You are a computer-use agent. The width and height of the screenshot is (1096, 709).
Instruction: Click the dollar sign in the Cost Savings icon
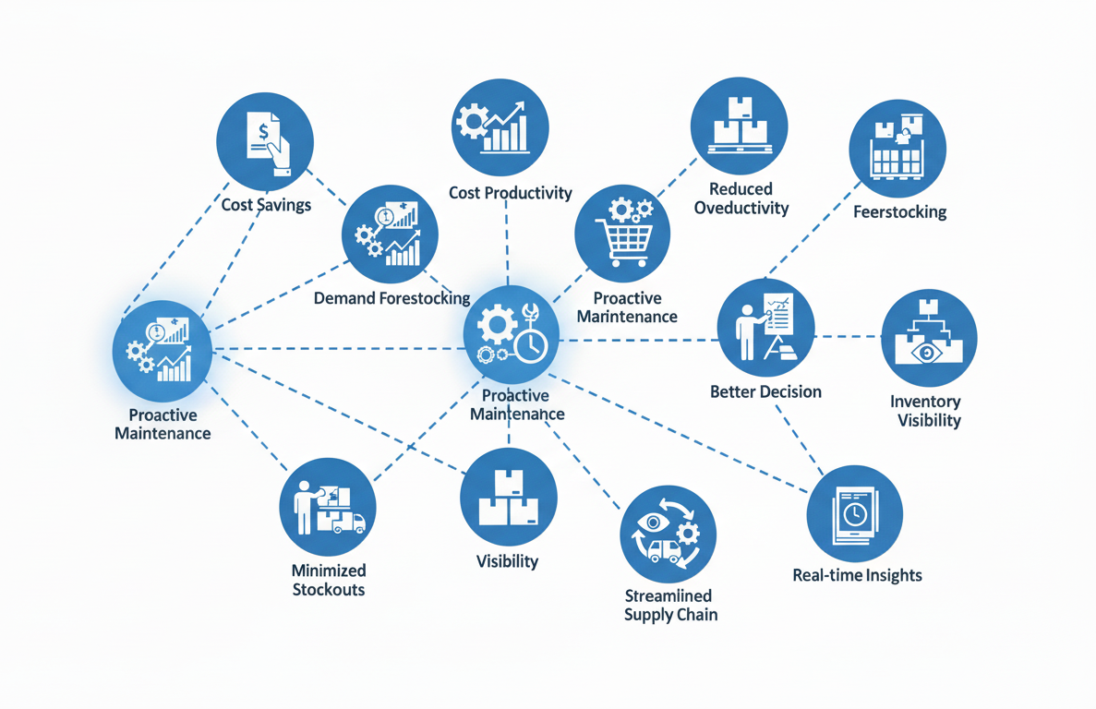264,132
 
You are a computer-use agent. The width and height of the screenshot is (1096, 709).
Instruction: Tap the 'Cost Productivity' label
510,193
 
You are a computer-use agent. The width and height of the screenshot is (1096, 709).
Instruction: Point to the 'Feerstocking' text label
899,211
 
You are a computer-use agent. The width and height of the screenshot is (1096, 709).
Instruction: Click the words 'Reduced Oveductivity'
741,198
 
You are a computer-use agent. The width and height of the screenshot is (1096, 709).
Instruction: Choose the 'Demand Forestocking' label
391,298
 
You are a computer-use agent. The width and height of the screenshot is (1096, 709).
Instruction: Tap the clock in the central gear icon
531,345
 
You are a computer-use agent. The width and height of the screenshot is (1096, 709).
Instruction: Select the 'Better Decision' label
765,391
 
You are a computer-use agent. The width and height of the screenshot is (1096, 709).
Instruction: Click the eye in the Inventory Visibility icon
924,353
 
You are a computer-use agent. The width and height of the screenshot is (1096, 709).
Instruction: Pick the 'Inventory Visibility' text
925,411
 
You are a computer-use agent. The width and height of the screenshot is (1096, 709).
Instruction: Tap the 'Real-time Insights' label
857,575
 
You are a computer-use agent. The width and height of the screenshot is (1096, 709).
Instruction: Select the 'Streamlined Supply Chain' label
669,605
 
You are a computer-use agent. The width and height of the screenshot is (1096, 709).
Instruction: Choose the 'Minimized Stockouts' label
329,580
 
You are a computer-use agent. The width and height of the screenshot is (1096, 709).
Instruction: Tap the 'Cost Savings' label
266,204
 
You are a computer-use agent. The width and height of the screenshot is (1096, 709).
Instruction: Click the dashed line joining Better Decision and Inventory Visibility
849,337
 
